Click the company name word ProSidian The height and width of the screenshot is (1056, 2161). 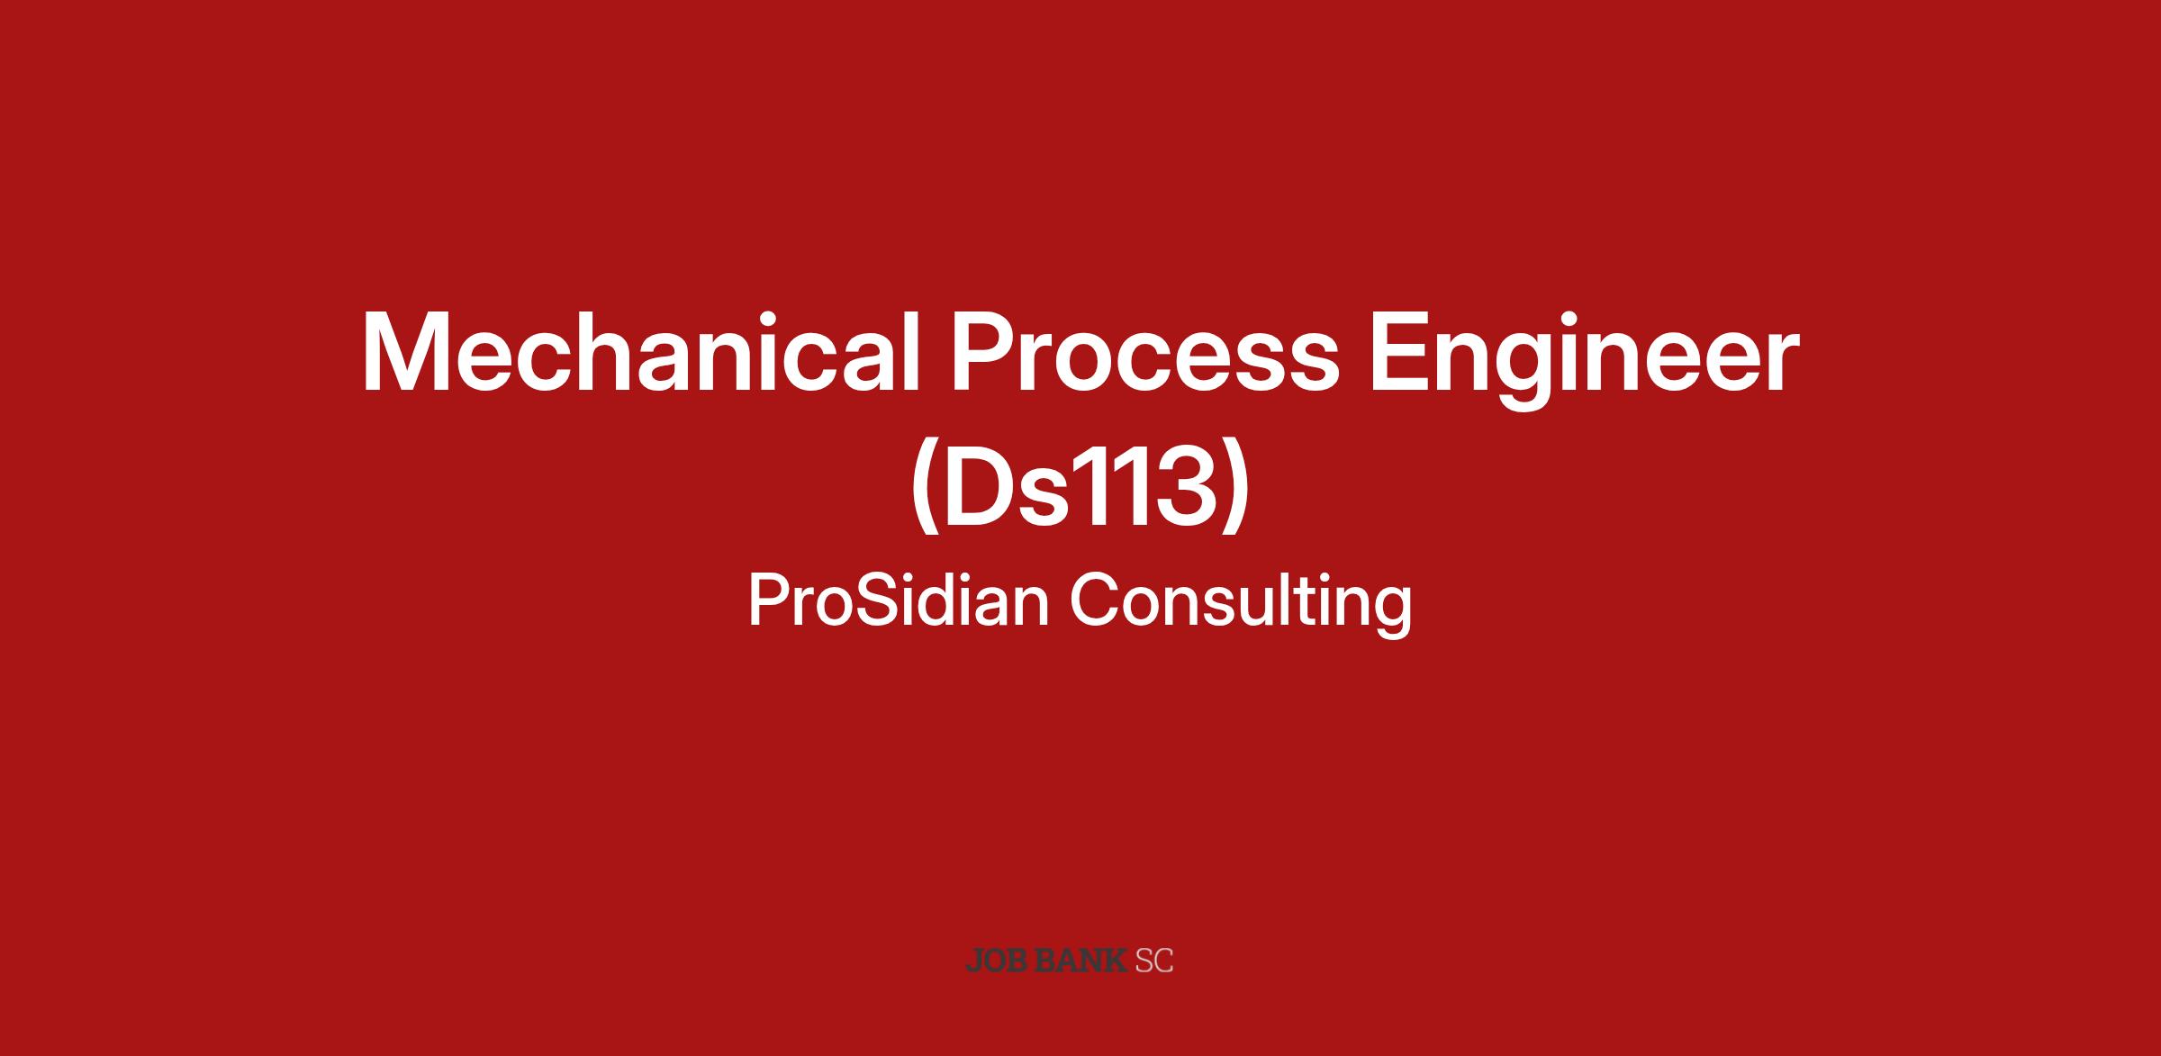(899, 600)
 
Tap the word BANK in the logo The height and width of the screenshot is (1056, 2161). (1080, 961)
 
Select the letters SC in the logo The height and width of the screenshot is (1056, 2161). (1153, 961)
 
